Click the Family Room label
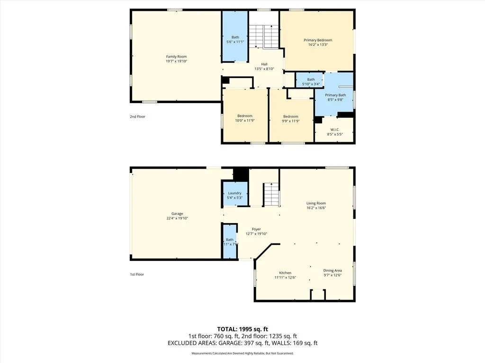coord(176,57)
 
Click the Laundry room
coord(235,195)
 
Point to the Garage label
coord(174,214)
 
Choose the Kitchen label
coord(285,273)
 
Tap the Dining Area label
coord(332,270)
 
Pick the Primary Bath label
coord(335,95)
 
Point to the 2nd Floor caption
coord(137,116)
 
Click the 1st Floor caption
coord(137,274)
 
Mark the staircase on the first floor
coord(271,194)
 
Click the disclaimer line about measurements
coord(242,354)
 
